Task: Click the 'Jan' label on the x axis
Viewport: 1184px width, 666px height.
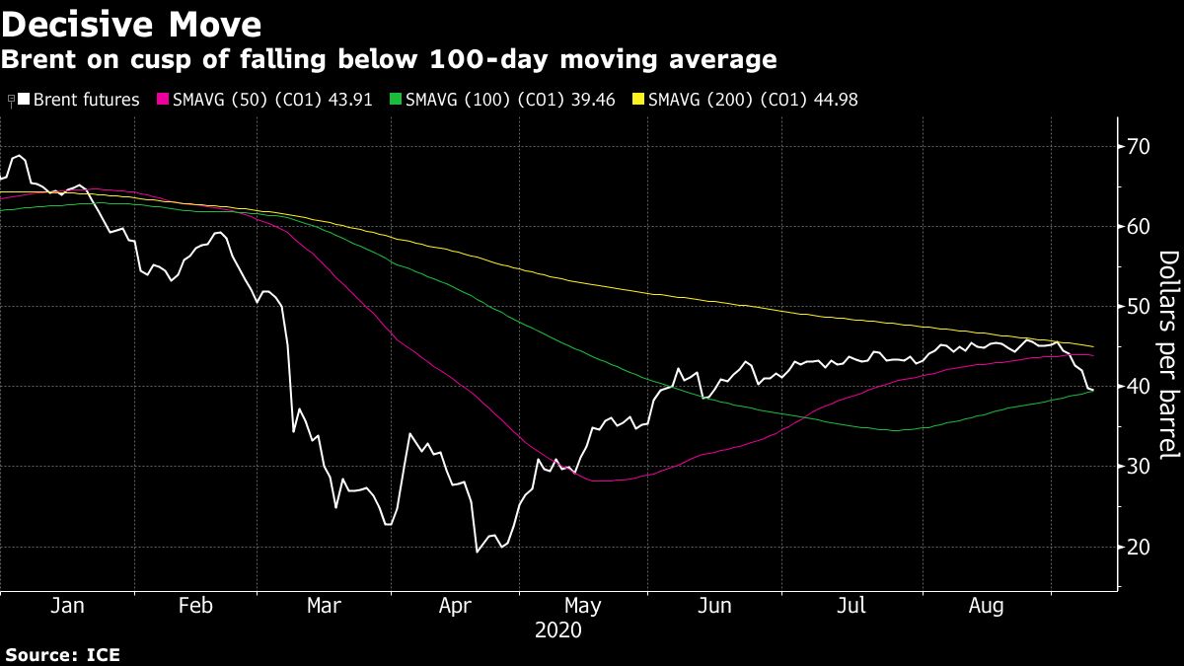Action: [66, 606]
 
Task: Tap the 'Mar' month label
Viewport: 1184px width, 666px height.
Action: [324, 606]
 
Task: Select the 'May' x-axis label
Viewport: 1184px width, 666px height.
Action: [582, 606]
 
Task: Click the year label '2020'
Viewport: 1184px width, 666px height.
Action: [557, 629]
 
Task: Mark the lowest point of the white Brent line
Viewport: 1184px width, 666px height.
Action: [478, 551]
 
